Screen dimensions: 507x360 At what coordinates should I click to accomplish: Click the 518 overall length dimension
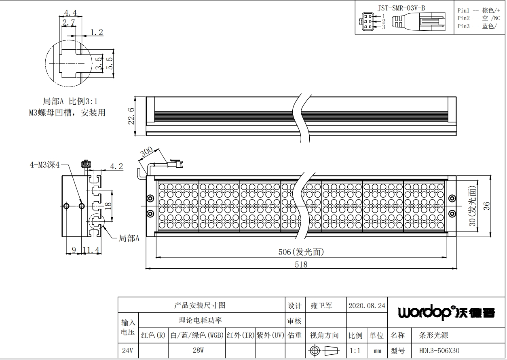click(x=301, y=265)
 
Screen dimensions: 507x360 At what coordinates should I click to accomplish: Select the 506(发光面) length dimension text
click(x=301, y=252)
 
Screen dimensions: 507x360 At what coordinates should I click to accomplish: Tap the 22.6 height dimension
click(x=131, y=116)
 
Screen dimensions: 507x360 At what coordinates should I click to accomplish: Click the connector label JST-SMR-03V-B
click(x=401, y=8)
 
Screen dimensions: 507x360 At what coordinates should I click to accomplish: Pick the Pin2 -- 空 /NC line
click(x=479, y=18)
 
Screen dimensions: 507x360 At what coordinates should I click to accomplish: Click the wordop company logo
click(x=446, y=312)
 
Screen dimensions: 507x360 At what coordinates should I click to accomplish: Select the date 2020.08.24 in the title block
click(x=367, y=306)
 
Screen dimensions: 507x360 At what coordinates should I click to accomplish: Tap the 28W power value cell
click(x=198, y=350)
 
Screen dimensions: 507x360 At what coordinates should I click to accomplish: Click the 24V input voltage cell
click(x=127, y=350)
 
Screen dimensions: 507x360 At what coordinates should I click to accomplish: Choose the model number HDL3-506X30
click(x=439, y=350)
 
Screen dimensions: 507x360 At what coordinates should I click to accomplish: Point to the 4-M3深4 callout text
click(x=44, y=165)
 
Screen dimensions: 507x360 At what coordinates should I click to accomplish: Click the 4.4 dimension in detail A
click(x=70, y=13)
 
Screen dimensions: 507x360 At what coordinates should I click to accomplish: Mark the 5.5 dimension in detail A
click(x=109, y=63)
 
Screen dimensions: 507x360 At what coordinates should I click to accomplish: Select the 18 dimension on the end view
click(x=108, y=206)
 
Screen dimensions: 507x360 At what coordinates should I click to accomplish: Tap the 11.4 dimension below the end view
click(x=91, y=250)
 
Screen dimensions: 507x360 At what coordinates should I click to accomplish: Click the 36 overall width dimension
click(x=486, y=206)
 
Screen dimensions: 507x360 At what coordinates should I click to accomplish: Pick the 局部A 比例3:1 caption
click(x=70, y=101)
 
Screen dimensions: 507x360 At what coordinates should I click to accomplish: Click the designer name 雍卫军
click(x=321, y=306)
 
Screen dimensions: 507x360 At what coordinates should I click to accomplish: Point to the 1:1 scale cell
click(x=355, y=351)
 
